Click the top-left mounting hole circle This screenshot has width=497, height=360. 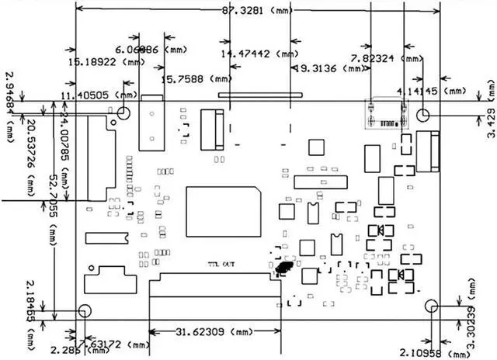123,114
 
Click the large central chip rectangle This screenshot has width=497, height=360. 221,210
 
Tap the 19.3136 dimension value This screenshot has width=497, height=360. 326,68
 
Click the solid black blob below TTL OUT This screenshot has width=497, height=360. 283,268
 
